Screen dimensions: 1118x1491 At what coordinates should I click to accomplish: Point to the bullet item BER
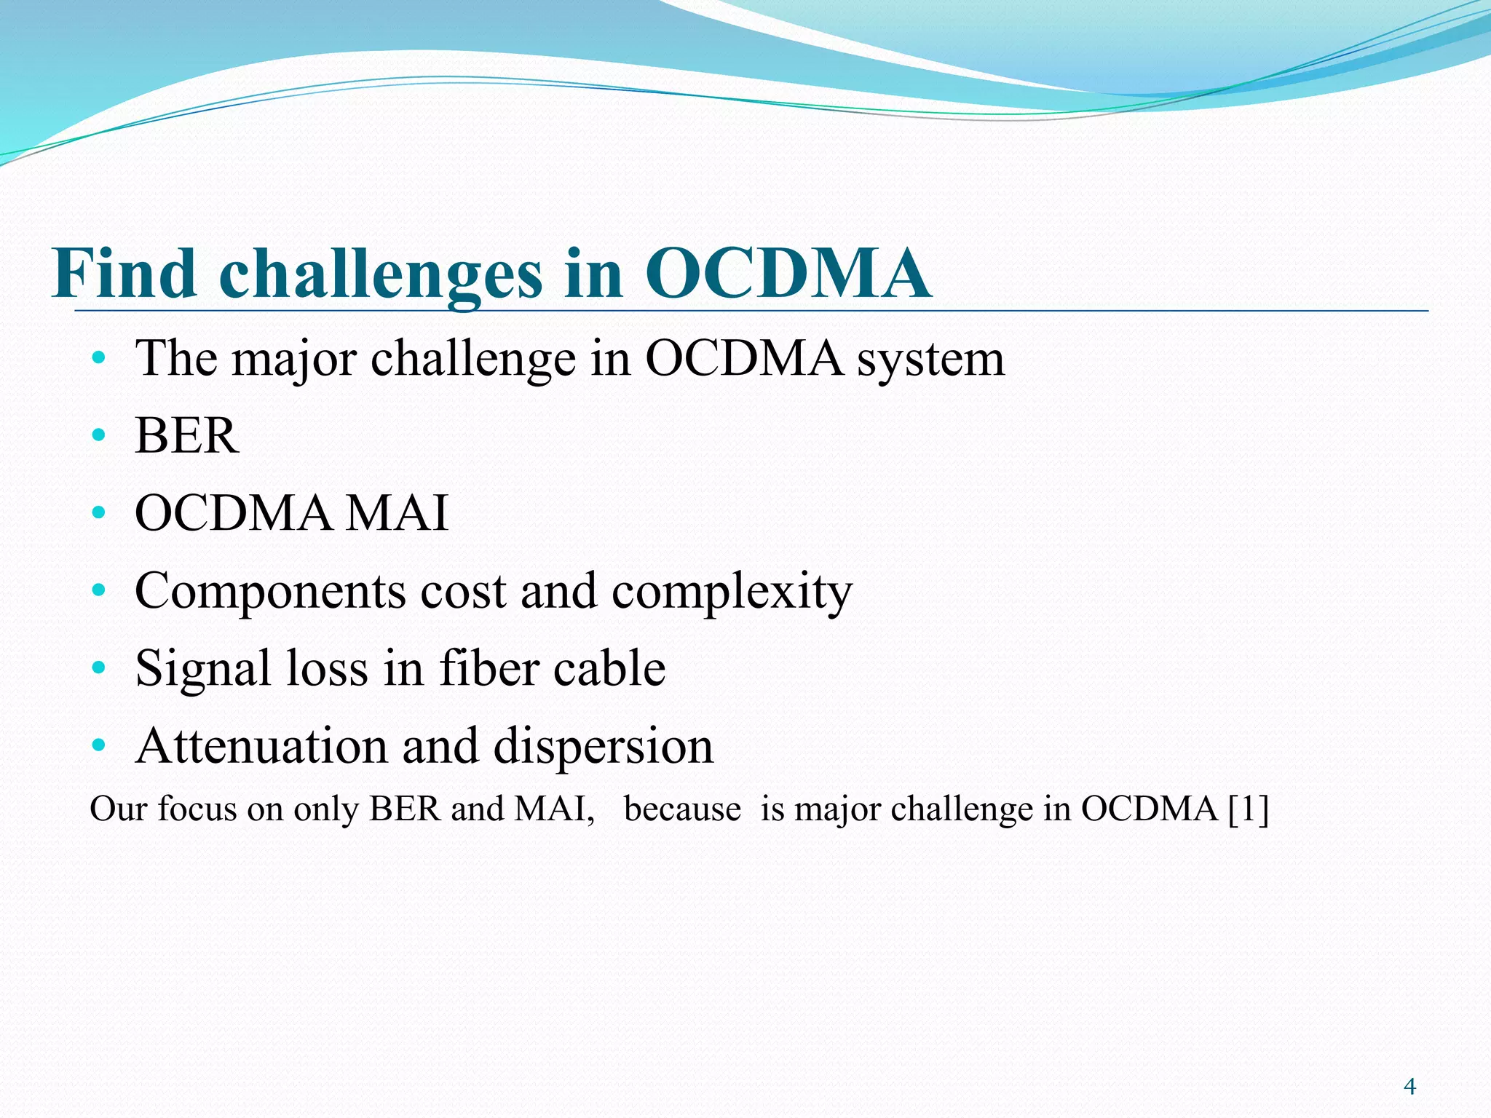click(x=186, y=436)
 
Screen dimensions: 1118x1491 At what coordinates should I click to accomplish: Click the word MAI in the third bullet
click(x=397, y=513)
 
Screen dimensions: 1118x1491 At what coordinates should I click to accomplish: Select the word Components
click(x=269, y=591)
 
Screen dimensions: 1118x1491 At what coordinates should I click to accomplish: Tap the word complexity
click(x=732, y=591)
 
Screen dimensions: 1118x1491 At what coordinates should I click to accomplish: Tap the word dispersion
click(x=604, y=748)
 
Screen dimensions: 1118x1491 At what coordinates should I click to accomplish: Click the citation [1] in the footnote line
click(x=1248, y=809)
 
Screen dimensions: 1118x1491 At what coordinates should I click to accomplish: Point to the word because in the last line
click(x=682, y=809)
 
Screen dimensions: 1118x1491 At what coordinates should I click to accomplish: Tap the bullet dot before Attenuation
click(x=99, y=745)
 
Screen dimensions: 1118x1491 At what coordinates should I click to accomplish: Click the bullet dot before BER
click(x=99, y=435)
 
